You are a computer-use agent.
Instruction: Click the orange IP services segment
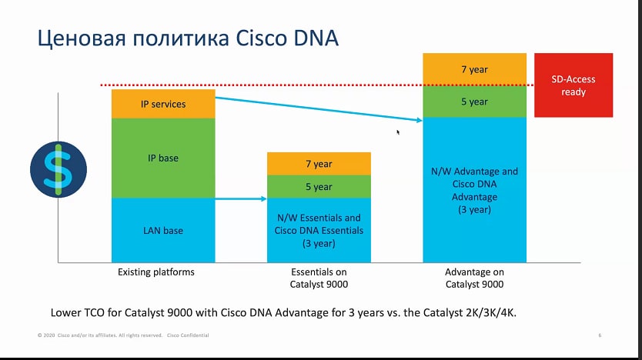pos(163,104)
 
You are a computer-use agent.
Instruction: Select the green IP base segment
pos(163,158)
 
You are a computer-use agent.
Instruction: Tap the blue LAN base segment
pos(163,230)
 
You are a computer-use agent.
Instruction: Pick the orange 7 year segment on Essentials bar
pos(319,164)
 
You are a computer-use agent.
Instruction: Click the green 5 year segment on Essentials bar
pos(319,187)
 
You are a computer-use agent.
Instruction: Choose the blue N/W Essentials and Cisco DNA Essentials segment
pos(319,230)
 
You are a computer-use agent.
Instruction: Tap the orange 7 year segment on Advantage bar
pos(474,69)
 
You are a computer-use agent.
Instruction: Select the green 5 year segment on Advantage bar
pos(474,102)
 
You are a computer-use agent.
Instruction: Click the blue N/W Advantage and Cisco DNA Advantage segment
pos(474,190)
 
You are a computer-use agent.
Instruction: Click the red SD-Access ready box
pos(573,85)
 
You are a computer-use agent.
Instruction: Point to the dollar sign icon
pos(59,169)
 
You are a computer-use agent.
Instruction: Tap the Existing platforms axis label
pos(156,272)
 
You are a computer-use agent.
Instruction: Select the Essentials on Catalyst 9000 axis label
pos(319,278)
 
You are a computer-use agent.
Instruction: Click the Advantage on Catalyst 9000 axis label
pos(474,278)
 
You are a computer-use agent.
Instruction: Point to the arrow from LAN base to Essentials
pos(241,198)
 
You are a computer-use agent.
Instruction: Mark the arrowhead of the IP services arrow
pos(420,120)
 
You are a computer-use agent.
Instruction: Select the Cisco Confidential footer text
pos(188,335)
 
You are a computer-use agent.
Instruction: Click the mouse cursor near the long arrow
pos(398,132)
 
